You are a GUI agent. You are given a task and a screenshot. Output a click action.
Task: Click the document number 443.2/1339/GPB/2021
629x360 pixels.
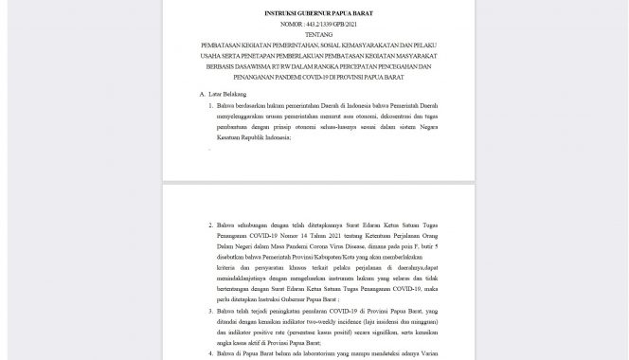pos(322,26)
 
